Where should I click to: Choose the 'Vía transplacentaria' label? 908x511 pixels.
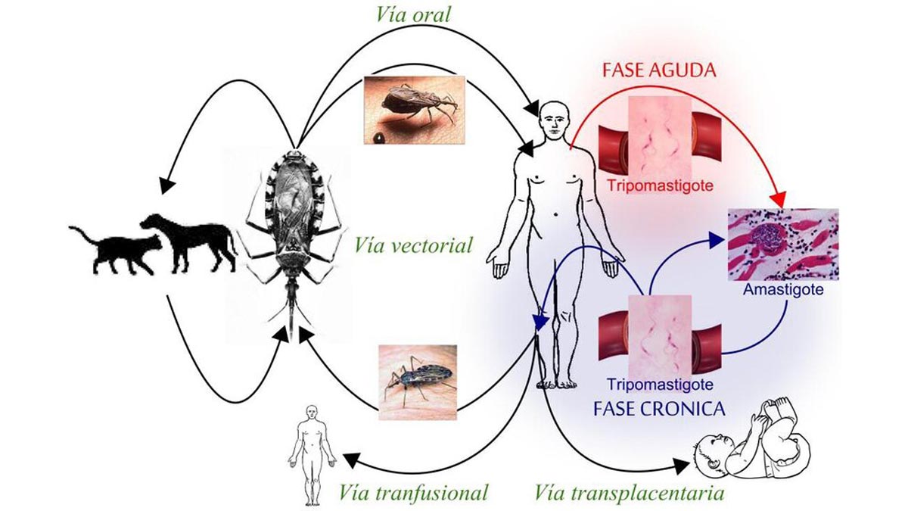click(x=630, y=493)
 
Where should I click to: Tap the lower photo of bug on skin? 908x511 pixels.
click(x=417, y=379)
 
